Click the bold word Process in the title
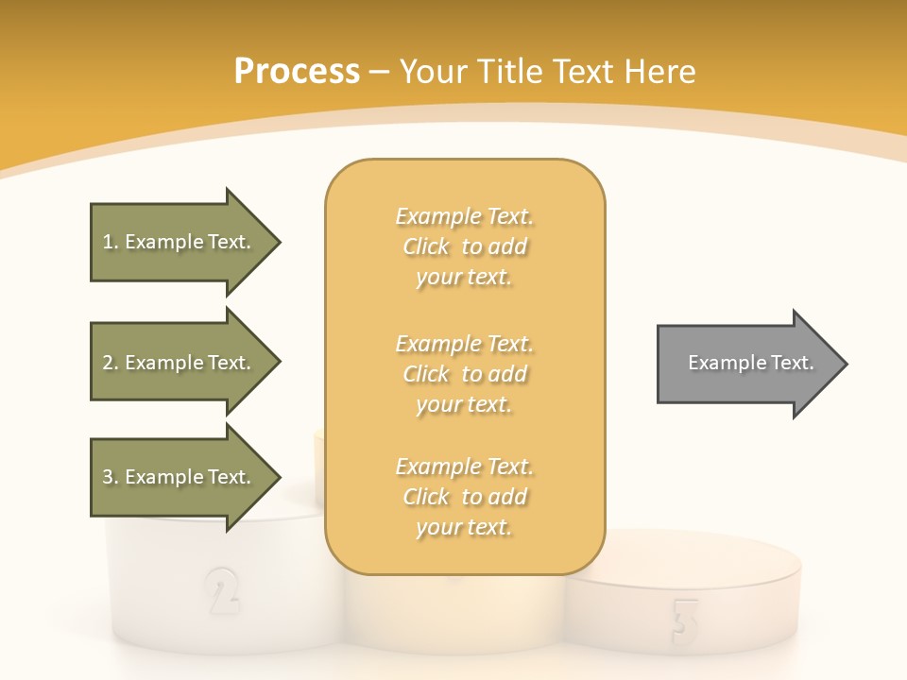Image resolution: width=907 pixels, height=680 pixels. click(x=297, y=72)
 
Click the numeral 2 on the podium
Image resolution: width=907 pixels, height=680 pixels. click(x=221, y=591)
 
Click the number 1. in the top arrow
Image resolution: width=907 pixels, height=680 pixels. click(x=111, y=242)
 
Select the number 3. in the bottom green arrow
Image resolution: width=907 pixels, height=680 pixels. click(x=111, y=477)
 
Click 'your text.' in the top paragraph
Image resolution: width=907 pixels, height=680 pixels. click(x=464, y=278)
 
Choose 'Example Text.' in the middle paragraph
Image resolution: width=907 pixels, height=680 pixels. click(x=464, y=344)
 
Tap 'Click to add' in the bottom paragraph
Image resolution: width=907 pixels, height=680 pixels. click(x=464, y=497)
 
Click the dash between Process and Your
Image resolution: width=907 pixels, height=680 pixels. click(x=380, y=72)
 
